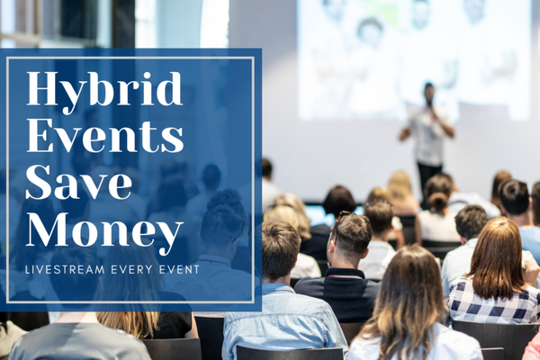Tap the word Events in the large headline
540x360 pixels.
(x=105, y=138)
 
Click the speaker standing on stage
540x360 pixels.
(x=427, y=135)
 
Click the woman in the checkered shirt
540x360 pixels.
(x=494, y=270)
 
